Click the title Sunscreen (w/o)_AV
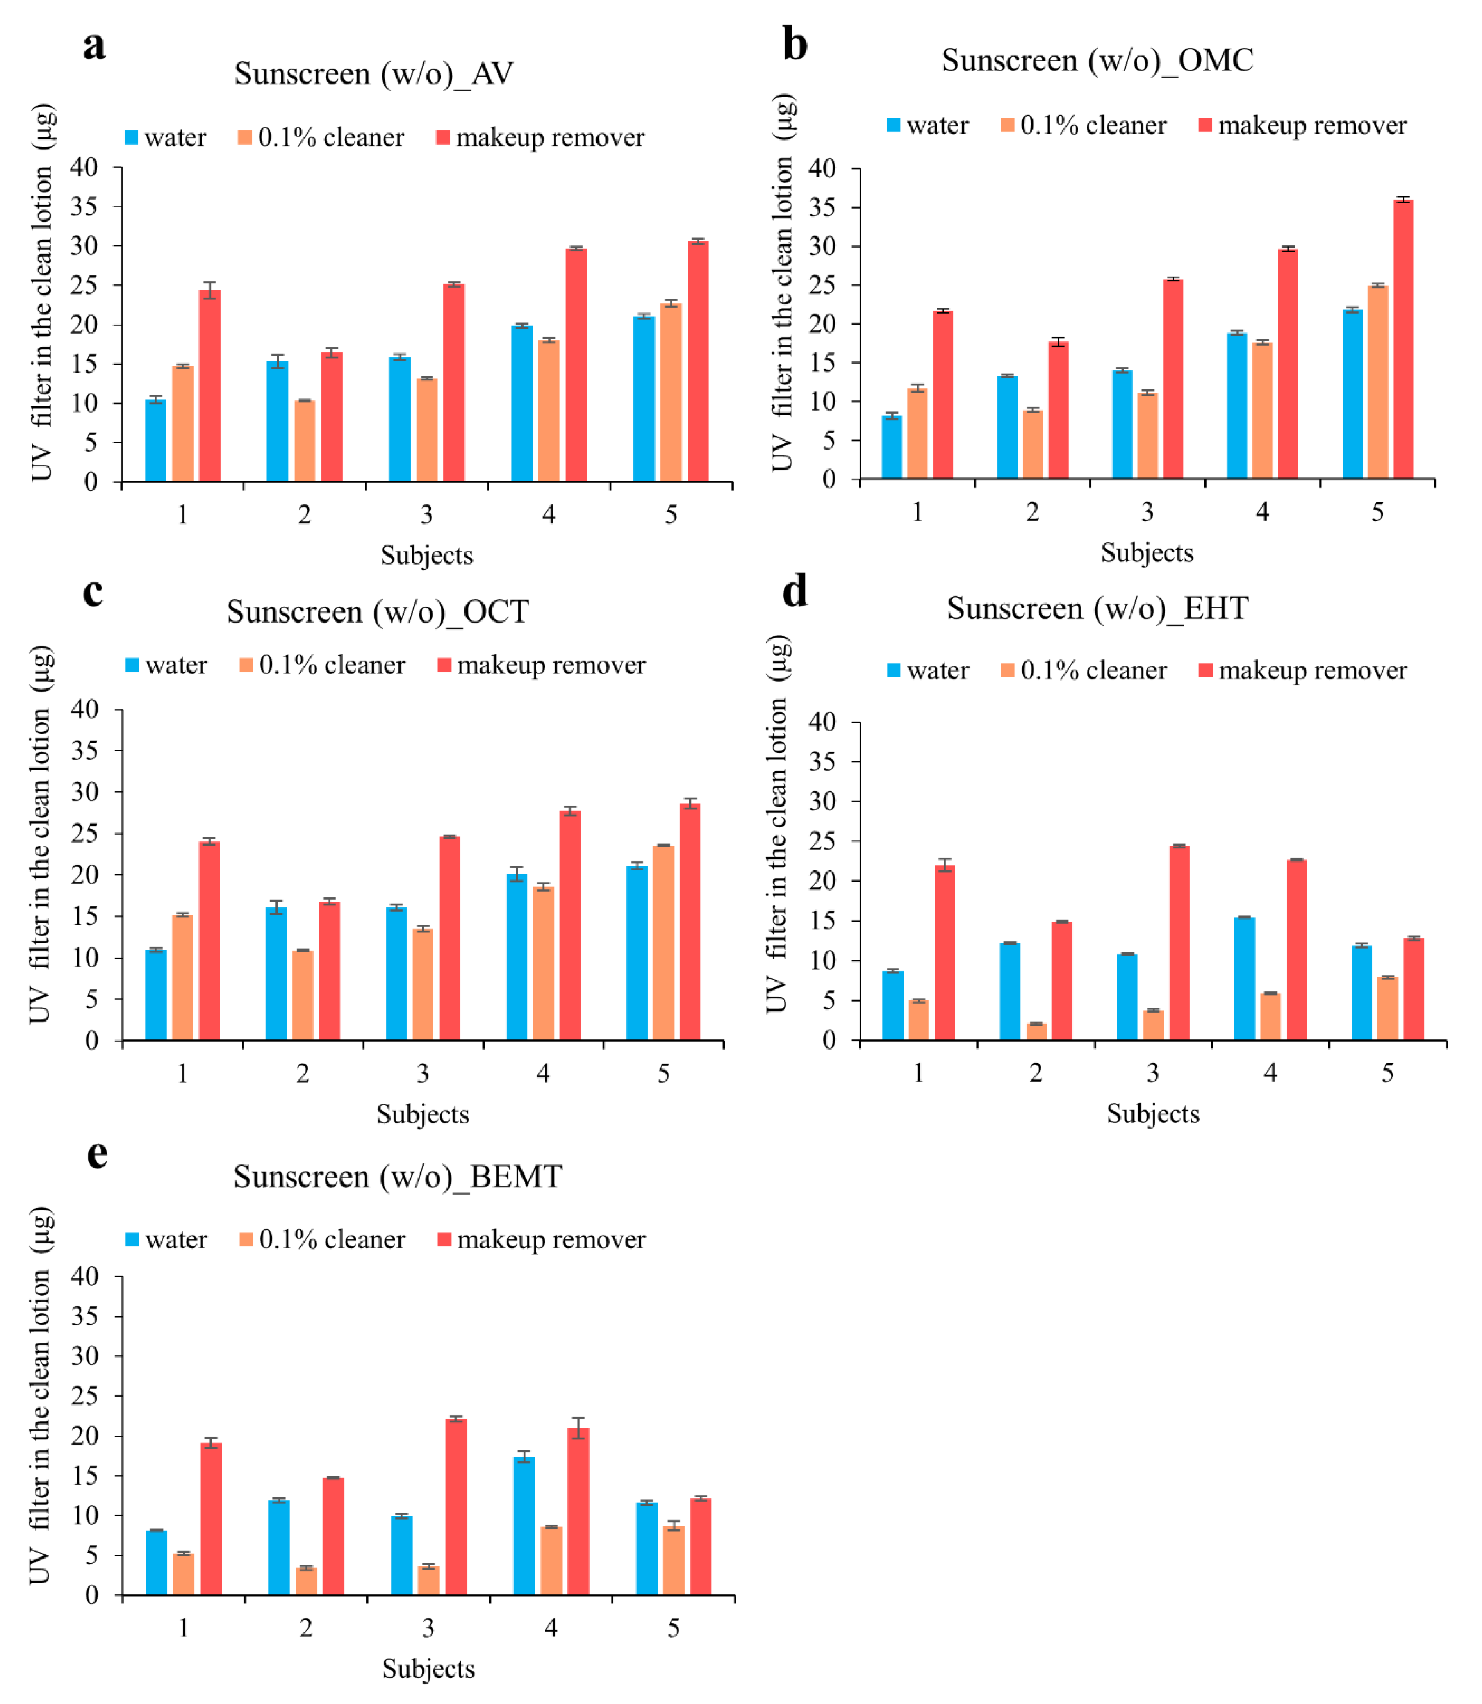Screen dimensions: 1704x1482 (374, 74)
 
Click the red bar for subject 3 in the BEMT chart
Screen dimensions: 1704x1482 (456, 1506)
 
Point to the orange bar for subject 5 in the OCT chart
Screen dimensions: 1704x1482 (663, 943)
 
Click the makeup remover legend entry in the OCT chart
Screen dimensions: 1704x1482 (542, 665)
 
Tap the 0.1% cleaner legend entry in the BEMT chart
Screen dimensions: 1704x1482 (323, 1239)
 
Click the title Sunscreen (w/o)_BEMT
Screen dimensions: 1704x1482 (398, 1176)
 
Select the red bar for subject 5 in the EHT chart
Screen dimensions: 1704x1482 (1414, 989)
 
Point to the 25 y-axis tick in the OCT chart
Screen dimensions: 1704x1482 (85, 834)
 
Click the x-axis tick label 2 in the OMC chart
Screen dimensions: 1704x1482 (1032, 512)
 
